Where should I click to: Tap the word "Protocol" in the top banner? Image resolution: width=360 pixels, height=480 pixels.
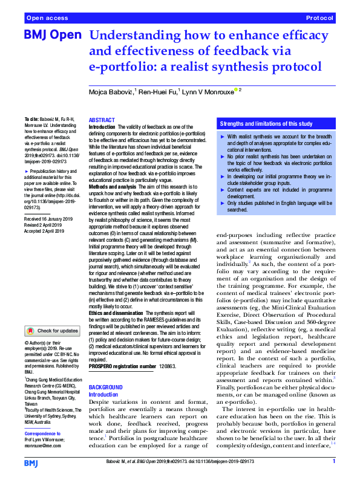click(x=319, y=18)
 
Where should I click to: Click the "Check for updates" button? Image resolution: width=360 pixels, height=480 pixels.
click(x=53, y=331)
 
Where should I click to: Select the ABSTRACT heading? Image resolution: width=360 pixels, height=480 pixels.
click(x=102, y=120)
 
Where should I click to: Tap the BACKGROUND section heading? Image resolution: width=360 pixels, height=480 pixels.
click(x=106, y=387)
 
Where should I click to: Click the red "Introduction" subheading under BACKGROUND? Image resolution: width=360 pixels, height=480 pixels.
click(x=104, y=394)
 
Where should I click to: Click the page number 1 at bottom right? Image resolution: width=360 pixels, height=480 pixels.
click(x=333, y=461)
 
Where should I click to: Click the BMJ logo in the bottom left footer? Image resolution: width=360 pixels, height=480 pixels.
click(x=30, y=462)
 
